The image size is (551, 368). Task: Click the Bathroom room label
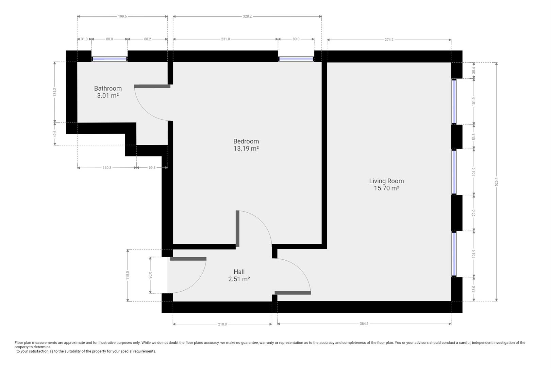(108, 88)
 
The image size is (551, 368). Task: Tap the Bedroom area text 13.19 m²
(246, 149)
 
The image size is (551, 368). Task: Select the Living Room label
(386, 181)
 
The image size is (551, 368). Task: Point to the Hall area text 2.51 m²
(239, 279)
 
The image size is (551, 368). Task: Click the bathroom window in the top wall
(109, 59)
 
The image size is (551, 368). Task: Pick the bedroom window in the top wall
(296, 59)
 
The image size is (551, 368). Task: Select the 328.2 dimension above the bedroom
(247, 16)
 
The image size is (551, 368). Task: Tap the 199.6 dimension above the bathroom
(122, 16)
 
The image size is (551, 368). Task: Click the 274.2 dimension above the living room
(389, 40)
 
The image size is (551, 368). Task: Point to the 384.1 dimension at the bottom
(364, 324)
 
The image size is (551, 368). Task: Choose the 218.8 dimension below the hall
(222, 324)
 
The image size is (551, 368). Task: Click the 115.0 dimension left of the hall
(128, 275)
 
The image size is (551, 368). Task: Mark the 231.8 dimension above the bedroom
(226, 39)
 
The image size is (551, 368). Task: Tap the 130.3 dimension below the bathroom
(107, 168)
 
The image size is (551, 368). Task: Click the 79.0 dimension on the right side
(474, 213)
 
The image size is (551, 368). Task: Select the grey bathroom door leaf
(152, 87)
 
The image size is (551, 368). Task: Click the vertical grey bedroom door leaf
(237, 228)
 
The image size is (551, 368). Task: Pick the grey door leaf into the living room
(293, 293)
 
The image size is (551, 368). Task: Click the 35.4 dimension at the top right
(474, 71)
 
